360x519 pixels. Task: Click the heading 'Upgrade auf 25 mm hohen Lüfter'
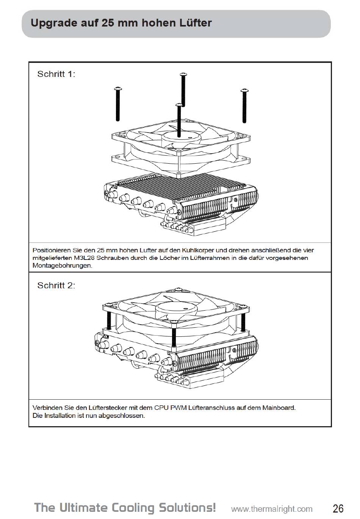click(121, 23)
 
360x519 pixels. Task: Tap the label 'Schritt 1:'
click(56, 74)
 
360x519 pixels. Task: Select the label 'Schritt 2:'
click(56, 285)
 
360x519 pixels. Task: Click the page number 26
click(338, 508)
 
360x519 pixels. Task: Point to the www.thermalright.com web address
click(272, 509)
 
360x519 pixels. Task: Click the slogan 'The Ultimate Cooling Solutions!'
click(125, 507)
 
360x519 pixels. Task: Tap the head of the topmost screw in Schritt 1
click(183, 75)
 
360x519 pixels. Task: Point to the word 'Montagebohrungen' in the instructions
click(62, 266)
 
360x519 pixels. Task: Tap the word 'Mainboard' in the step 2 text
click(279, 408)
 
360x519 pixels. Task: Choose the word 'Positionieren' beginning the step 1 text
click(52, 250)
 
